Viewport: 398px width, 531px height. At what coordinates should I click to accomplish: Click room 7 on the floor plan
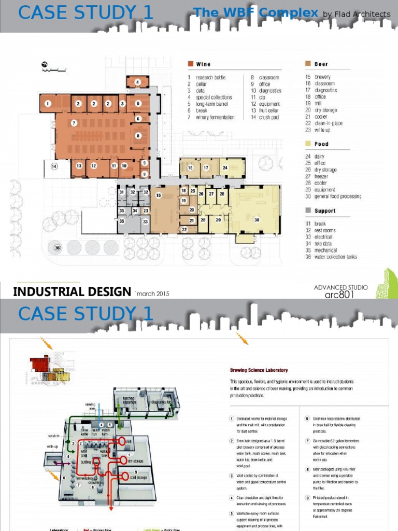pos(74,123)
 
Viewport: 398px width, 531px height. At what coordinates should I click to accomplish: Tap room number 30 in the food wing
pos(257,220)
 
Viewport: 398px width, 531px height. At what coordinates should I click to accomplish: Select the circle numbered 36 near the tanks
pos(58,248)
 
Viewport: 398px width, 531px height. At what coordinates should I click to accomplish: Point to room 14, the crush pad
pos(54,166)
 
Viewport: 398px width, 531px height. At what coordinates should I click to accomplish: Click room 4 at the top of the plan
pos(138,82)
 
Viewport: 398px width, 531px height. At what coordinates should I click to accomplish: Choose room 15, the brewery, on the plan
pos(159,195)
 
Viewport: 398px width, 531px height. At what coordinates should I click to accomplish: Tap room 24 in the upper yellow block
pos(225,168)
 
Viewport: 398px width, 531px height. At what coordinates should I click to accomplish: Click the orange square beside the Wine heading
pos(191,64)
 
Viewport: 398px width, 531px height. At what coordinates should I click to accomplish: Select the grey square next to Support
pos(308,211)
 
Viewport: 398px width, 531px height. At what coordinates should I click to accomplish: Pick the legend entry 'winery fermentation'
pos(215,117)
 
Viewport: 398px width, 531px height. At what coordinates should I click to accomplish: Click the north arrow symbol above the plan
pos(45,65)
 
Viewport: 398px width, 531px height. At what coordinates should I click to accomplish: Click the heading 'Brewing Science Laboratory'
pos(259,370)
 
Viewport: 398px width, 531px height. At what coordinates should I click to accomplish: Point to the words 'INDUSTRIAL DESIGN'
pos(72,291)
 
